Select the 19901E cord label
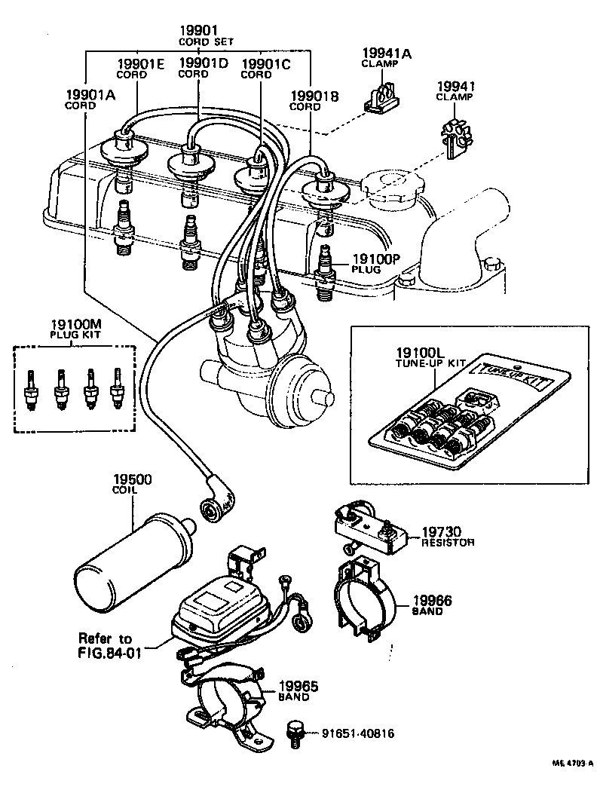point(139,65)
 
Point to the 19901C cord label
point(265,65)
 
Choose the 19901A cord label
point(90,95)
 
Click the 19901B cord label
point(315,96)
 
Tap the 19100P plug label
point(374,259)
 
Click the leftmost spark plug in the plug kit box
point(31,390)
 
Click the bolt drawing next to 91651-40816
point(295,733)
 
